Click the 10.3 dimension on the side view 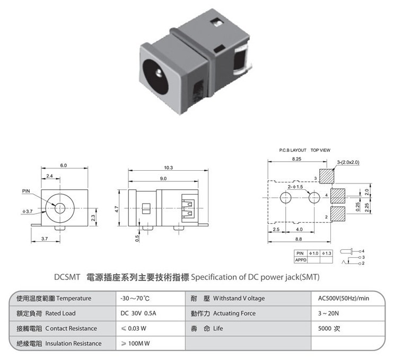point(168,168)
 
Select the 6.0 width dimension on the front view point(63,165)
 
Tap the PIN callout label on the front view point(26,191)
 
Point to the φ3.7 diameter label point(28,211)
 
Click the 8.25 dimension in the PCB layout point(296,159)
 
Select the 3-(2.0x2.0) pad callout point(348,162)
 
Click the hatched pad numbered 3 point(327,176)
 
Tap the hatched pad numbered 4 point(338,196)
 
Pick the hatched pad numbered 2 point(338,214)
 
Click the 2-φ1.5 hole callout point(295,187)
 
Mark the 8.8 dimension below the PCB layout point(299,239)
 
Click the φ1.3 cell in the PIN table point(327,253)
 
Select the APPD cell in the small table point(301,260)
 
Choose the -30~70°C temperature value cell point(135,298)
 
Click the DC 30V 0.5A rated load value point(138,313)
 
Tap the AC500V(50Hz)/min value point(344,298)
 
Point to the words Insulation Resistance point(73,344)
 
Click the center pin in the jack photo point(159,73)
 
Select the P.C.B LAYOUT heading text point(293,150)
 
